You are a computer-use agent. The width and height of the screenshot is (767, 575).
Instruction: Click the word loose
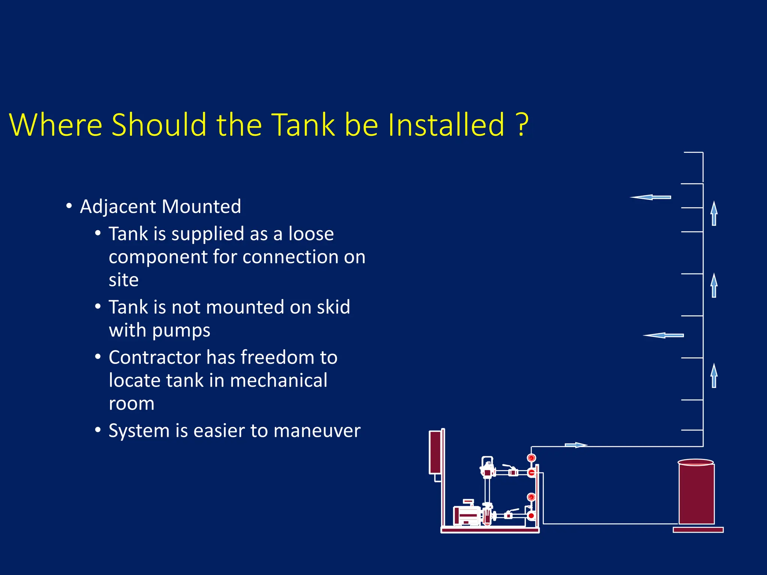(311, 234)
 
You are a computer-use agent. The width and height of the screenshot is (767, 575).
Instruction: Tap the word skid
(333, 307)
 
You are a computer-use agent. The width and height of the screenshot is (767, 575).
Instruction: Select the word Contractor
(154, 358)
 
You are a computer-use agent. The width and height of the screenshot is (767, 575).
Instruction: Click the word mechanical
(279, 381)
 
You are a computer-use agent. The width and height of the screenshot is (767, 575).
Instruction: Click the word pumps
(181, 331)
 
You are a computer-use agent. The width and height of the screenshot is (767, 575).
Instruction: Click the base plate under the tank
(698, 530)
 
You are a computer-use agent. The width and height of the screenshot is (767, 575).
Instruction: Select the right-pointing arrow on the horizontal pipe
(576, 445)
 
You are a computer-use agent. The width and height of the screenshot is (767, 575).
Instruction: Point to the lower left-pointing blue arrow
(663, 335)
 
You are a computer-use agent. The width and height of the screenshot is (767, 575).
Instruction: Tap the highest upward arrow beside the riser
(714, 213)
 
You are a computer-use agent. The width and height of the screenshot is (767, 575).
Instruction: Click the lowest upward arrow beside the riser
(714, 375)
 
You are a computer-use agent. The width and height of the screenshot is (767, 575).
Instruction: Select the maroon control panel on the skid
(436, 452)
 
